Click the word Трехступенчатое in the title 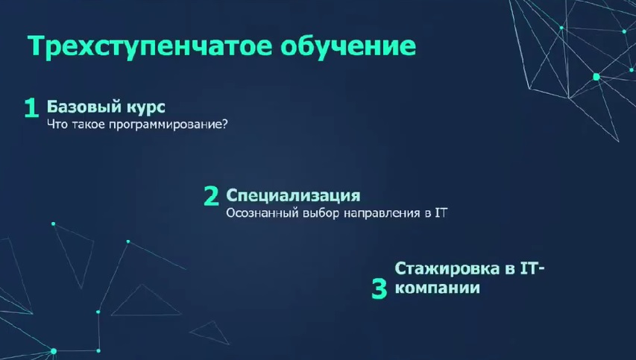click(x=150, y=46)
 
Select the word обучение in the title click(x=348, y=45)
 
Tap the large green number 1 click(x=31, y=108)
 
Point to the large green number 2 click(x=211, y=196)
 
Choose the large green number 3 click(x=380, y=288)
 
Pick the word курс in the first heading click(x=146, y=108)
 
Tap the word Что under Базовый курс click(x=57, y=124)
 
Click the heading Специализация click(x=293, y=195)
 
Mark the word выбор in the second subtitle click(x=321, y=213)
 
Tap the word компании click(x=437, y=288)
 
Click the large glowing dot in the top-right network click(x=596, y=77)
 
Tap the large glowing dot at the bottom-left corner click(x=53, y=351)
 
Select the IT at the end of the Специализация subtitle click(x=441, y=213)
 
